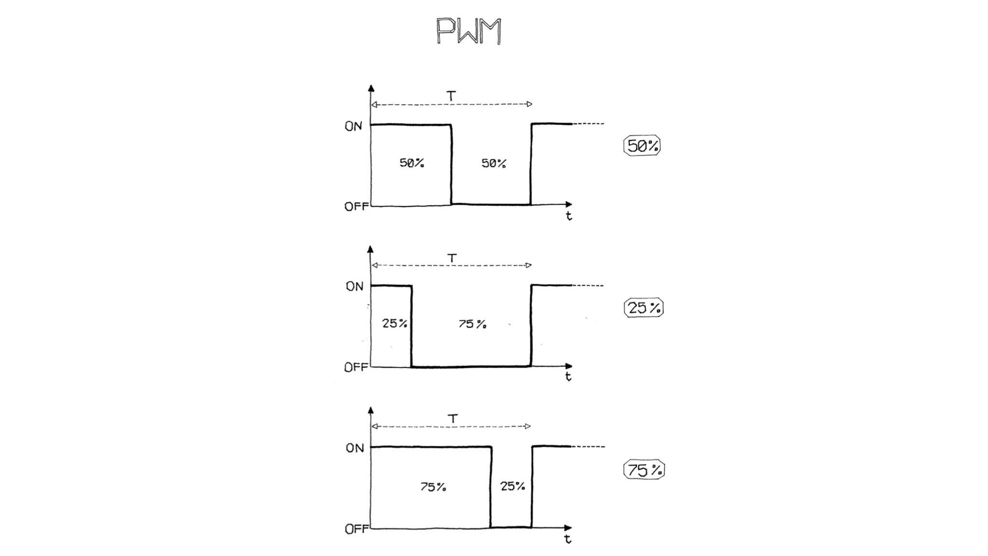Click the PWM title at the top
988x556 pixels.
point(468,31)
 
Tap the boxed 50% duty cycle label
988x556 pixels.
point(642,146)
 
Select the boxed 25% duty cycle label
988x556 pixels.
point(644,307)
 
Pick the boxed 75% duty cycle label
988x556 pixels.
point(644,470)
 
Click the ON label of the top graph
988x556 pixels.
point(353,126)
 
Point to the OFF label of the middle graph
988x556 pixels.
point(356,367)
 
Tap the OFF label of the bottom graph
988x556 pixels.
point(357,529)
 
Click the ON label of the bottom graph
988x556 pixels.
point(355,448)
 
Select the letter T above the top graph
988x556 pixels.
point(451,96)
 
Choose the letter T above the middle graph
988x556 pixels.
point(452,258)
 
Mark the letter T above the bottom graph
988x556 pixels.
point(453,418)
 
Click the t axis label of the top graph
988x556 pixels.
point(569,216)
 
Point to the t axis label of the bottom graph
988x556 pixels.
point(568,539)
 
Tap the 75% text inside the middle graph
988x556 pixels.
point(472,324)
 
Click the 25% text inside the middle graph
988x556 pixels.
point(395,323)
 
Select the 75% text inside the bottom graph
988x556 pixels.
point(433,487)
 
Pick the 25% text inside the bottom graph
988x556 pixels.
point(512,486)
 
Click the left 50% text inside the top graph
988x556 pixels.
point(412,163)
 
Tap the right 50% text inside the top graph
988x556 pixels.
point(494,164)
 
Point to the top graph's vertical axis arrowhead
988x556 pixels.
point(371,88)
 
